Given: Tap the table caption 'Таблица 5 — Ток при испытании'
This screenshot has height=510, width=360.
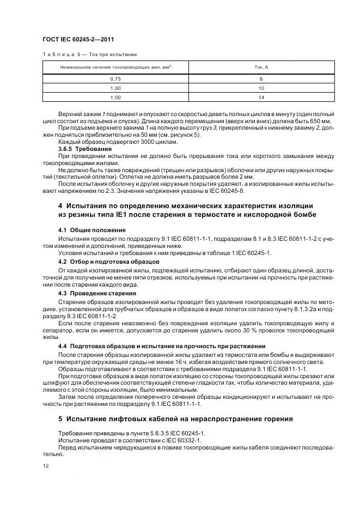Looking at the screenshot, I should tap(89, 54).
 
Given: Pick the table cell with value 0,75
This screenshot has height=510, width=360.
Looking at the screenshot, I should tap(115, 79).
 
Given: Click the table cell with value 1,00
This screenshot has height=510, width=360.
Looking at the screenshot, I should tap(115, 88).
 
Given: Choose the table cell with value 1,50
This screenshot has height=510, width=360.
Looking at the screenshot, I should tap(115, 97).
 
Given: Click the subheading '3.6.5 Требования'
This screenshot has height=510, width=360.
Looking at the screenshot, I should tap(85, 149).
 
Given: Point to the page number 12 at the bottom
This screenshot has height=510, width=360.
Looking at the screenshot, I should tap(46, 464).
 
